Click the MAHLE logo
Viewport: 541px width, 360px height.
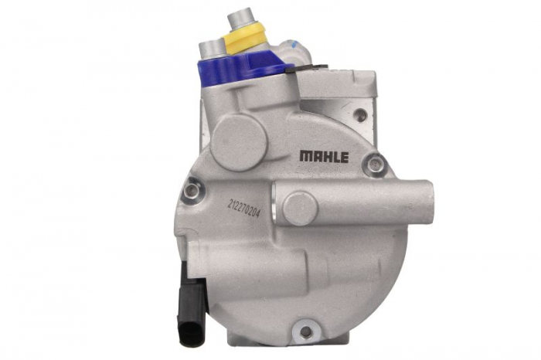coord(324,157)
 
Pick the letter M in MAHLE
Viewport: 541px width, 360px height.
coord(305,157)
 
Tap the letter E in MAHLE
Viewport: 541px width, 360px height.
coord(344,157)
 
